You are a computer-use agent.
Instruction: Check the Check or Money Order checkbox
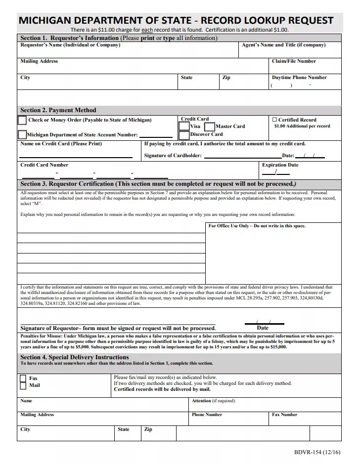(22, 120)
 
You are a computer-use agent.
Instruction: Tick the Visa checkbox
(183, 127)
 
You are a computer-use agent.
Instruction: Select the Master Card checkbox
(210, 127)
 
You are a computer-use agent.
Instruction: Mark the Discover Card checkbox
(183, 135)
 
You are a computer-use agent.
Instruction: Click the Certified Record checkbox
(274, 120)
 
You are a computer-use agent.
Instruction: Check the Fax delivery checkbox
(23, 379)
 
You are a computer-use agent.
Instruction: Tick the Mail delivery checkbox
(23, 385)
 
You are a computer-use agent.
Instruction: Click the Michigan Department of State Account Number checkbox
(22, 134)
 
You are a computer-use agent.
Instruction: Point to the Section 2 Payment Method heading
(58, 110)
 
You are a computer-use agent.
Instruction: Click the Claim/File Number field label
(294, 61)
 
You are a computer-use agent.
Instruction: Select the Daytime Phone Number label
(299, 78)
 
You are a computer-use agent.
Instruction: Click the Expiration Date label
(280, 165)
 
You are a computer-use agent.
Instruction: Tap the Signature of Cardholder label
(173, 156)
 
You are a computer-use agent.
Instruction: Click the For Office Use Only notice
(257, 226)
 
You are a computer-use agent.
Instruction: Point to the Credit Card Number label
(45, 165)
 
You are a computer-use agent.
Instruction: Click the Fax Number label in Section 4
(284, 415)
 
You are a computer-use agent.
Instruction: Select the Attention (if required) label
(213, 401)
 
